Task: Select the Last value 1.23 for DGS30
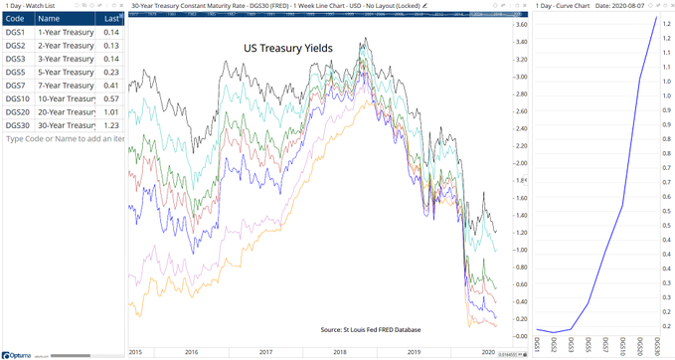click(x=111, y=126)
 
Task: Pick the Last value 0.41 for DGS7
click(x=111, y=86)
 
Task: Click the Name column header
click(x=50, y=18)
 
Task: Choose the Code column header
click(x=16, y=18)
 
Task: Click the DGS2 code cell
click(x=15, y=45)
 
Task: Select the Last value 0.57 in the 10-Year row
click(x=111, y=99)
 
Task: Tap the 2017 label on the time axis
click(x=263, y=352)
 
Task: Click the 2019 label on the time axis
click(x=415, y=352)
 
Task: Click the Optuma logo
click(x=19, y=353)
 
